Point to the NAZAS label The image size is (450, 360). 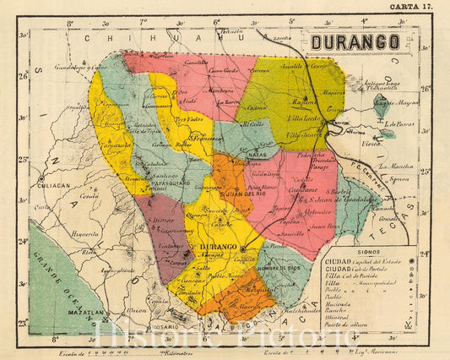(x=258, y=155)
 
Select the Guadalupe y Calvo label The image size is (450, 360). (x=74, y=66)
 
